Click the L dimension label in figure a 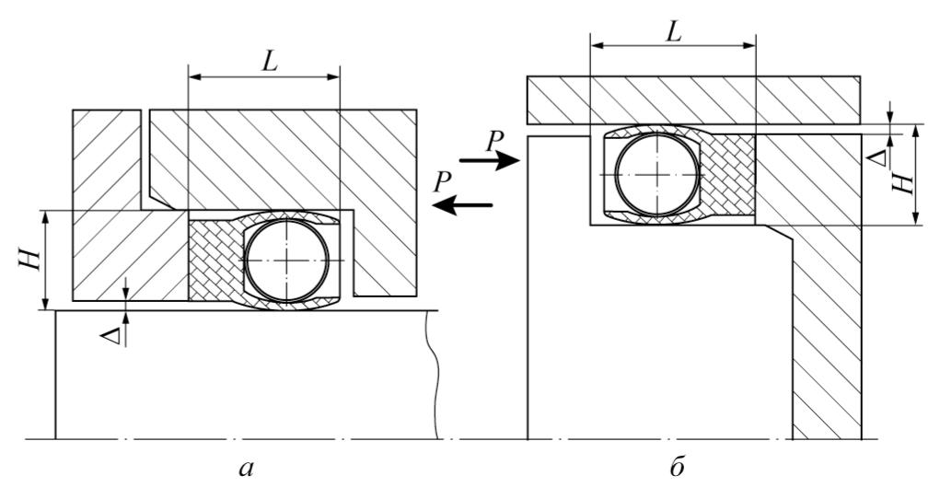tap(270, 62)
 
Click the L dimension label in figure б tap(675, 31)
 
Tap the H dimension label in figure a tap(29, 260)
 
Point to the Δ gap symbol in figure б tap(877, 157)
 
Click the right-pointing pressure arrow tap(489, 160)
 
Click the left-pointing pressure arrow tap(462, 205)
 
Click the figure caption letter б tap(677, 465)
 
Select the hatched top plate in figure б tap(694, 100)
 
